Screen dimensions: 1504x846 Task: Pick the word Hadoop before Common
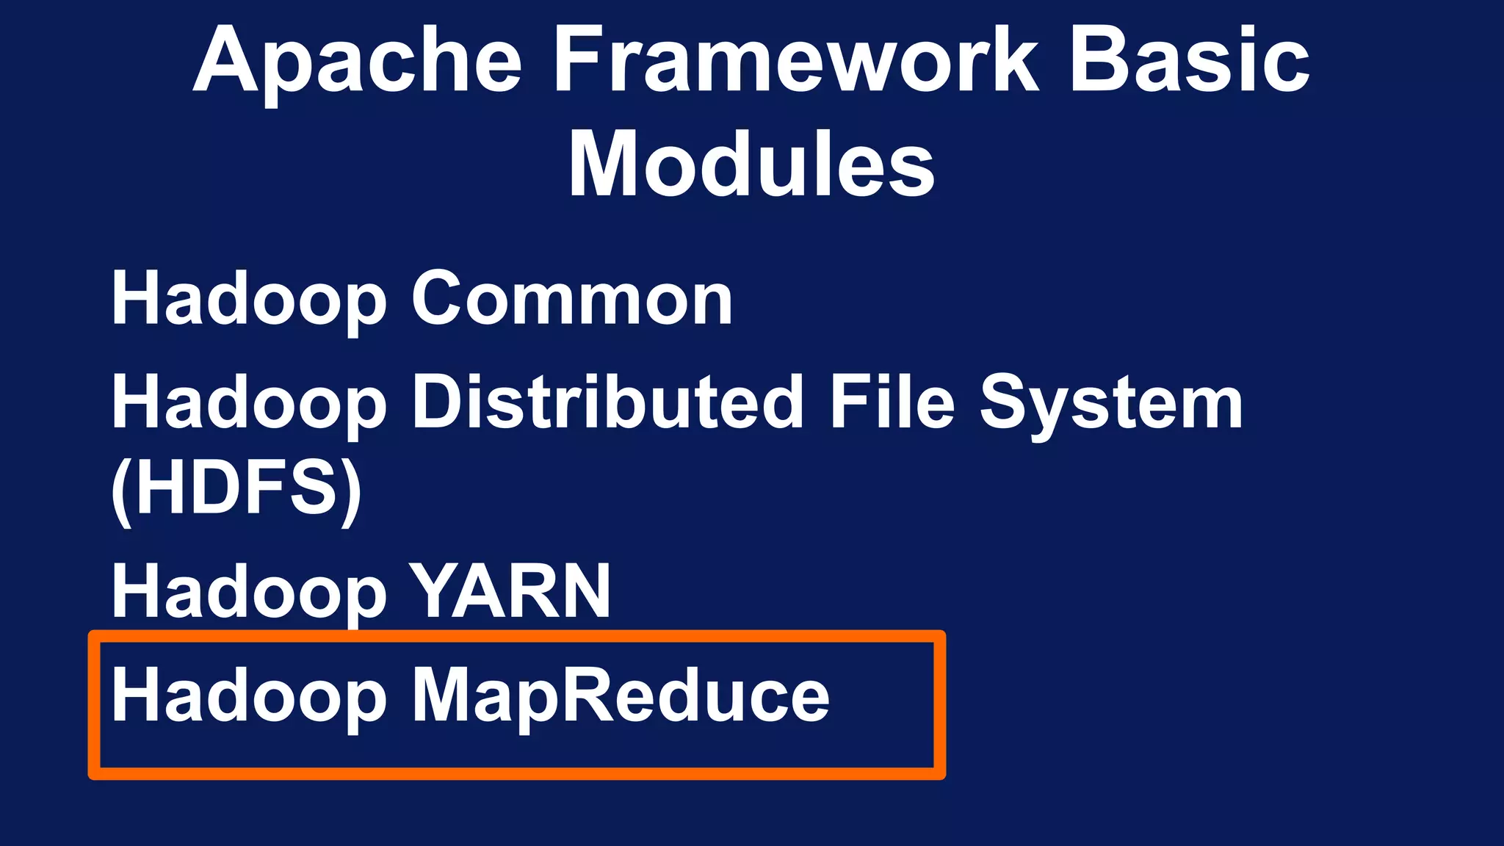click(x=249, y=300)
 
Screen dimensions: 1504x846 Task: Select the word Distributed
click(x=607, y=402)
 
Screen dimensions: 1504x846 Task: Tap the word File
click(x=892, y=402)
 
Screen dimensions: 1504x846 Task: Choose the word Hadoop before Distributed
click(x=249, y=403)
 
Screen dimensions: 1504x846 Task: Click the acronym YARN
click(x=510, y=591)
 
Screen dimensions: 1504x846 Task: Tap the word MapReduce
click(x=621, y=696)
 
